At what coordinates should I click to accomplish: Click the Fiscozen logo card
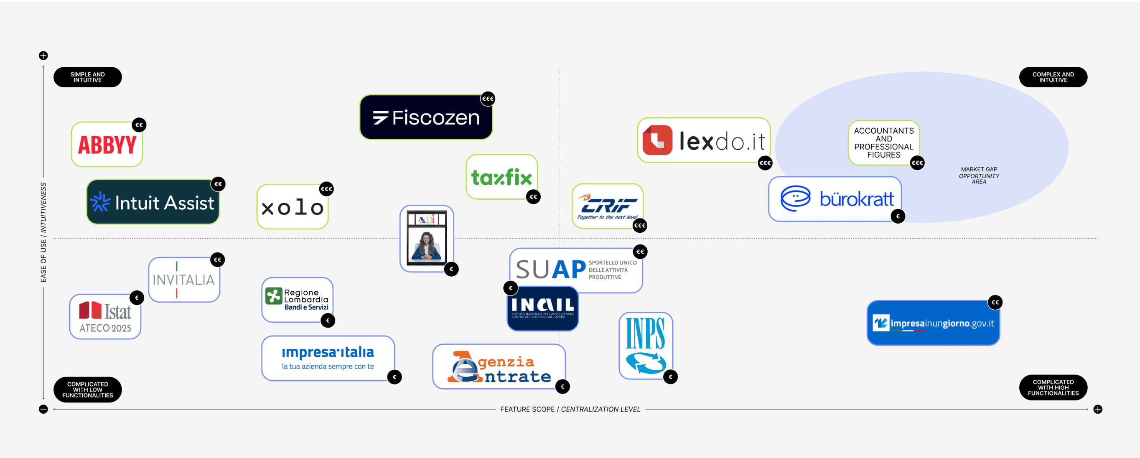pos(426,117)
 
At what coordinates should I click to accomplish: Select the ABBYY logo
pos(107,145)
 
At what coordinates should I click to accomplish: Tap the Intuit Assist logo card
pos(153,202)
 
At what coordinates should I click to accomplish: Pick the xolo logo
pos(292,207)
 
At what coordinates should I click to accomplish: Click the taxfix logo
pos(501,177)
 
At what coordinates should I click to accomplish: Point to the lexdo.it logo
pos(704,140)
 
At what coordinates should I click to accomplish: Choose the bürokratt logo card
pos(835,199)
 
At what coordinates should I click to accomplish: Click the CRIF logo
pos(607,206)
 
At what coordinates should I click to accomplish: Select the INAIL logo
pos(542,308)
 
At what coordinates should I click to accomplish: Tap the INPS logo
pos(646,346)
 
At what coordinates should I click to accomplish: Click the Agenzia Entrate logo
pos(499,367)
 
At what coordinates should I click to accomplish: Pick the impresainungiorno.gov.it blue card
pos(933,323)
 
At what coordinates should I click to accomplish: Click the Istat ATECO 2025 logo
pos(105,317)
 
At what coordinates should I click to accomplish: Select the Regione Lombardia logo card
pos(298,300)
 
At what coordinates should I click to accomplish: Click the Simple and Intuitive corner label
pos(88,77)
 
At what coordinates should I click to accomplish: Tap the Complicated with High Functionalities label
pos(1053,388)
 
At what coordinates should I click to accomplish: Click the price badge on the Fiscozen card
pos(488,99)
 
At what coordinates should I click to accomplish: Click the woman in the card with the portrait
pos(426,246)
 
